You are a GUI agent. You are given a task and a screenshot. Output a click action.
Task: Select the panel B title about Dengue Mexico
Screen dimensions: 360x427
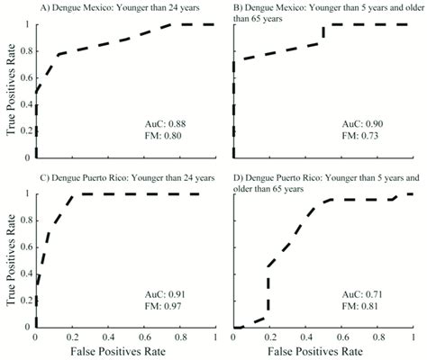click(x=324, y=17)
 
